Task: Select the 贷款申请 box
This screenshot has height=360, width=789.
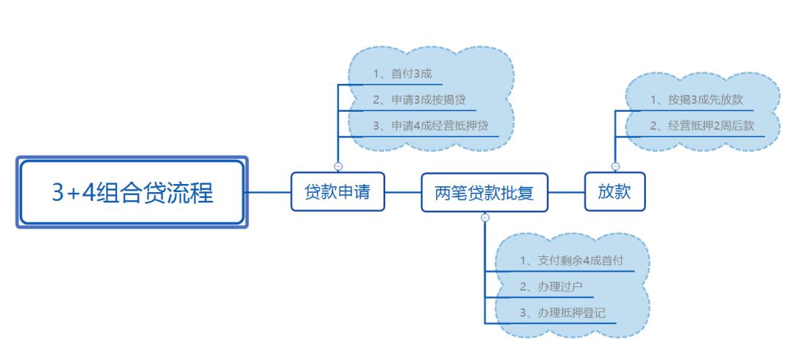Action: point(337,192)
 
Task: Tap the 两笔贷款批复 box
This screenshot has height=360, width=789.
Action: point(484,193)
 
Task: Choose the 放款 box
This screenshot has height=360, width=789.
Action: point(614,192)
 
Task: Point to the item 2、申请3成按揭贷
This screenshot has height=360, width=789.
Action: point(419,100)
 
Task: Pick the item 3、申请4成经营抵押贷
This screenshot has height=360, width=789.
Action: point(435,126)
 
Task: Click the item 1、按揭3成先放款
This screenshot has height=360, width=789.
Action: point(696,100)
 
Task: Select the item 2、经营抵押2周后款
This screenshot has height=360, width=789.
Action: point(702,126)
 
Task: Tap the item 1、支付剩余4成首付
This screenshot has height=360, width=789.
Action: point(572,261)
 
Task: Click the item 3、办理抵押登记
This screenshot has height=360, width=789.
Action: point(562,312)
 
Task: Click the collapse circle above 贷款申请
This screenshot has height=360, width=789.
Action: point(338,166)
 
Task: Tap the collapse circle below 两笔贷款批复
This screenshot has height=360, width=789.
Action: point(485,218)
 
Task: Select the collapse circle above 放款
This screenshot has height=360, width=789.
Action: point(615,166)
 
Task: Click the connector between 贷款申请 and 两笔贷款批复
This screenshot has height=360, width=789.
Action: point(403,192)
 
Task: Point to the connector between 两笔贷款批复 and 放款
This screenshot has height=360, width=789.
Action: point(566,192)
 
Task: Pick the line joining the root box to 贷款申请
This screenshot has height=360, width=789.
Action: point(269,192)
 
